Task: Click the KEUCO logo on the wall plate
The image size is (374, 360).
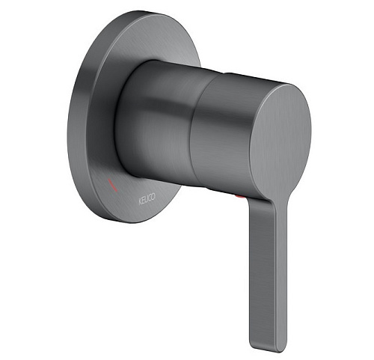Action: click(x=147, y=199)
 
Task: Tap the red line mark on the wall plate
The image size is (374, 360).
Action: click(x=112, y=185)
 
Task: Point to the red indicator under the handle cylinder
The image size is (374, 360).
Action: click(x=239, y=197)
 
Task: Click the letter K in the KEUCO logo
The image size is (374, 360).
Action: click(x=141, y=202)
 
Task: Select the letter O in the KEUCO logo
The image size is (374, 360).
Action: click(x=153, y=196)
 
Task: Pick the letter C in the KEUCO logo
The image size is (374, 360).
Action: click(x=150, y=198)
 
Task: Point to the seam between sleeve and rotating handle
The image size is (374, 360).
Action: click(x=197, y=125)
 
